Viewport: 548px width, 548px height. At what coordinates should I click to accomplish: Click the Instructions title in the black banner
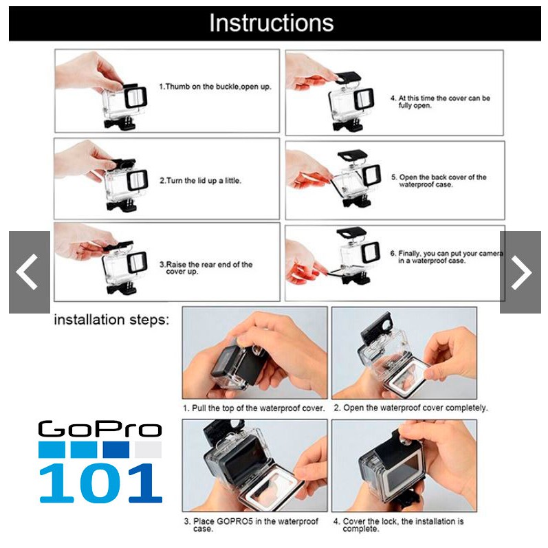pyautogui.click(x=271, y=23)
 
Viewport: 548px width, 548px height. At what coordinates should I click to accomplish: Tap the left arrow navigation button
pyautogui.click(x=30, y=272)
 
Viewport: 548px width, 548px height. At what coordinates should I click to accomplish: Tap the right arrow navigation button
pyautogui.click(x=520, y=272)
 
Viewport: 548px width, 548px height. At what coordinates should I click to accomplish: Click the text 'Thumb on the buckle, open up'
pyautogui.click(x=218, y=87)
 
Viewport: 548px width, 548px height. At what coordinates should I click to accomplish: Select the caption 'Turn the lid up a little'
pyautogui.click(x=204, y=181)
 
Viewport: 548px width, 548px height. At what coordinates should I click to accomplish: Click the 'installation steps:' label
pyautogui.click(x=111, y=320)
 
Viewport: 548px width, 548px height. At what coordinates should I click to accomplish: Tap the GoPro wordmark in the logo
pyautogui.click(x=100, y=429)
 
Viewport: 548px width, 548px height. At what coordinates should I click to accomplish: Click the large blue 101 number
pyautogui.click(x=100, y=483)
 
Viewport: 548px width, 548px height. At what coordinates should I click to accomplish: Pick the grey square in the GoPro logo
pyautogui.click(x=149, y=450)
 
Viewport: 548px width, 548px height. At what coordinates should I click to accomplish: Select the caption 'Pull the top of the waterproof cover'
pyautogui.click(x=259, y=408)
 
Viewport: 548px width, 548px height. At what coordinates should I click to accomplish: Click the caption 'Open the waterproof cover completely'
pyautogui.click(x=415, y=408)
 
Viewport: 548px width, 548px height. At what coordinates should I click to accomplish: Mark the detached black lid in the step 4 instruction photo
pyautogui.click(x=348, y=77)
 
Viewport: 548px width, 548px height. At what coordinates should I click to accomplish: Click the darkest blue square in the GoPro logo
pyautogui.click(x=116, y=450)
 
